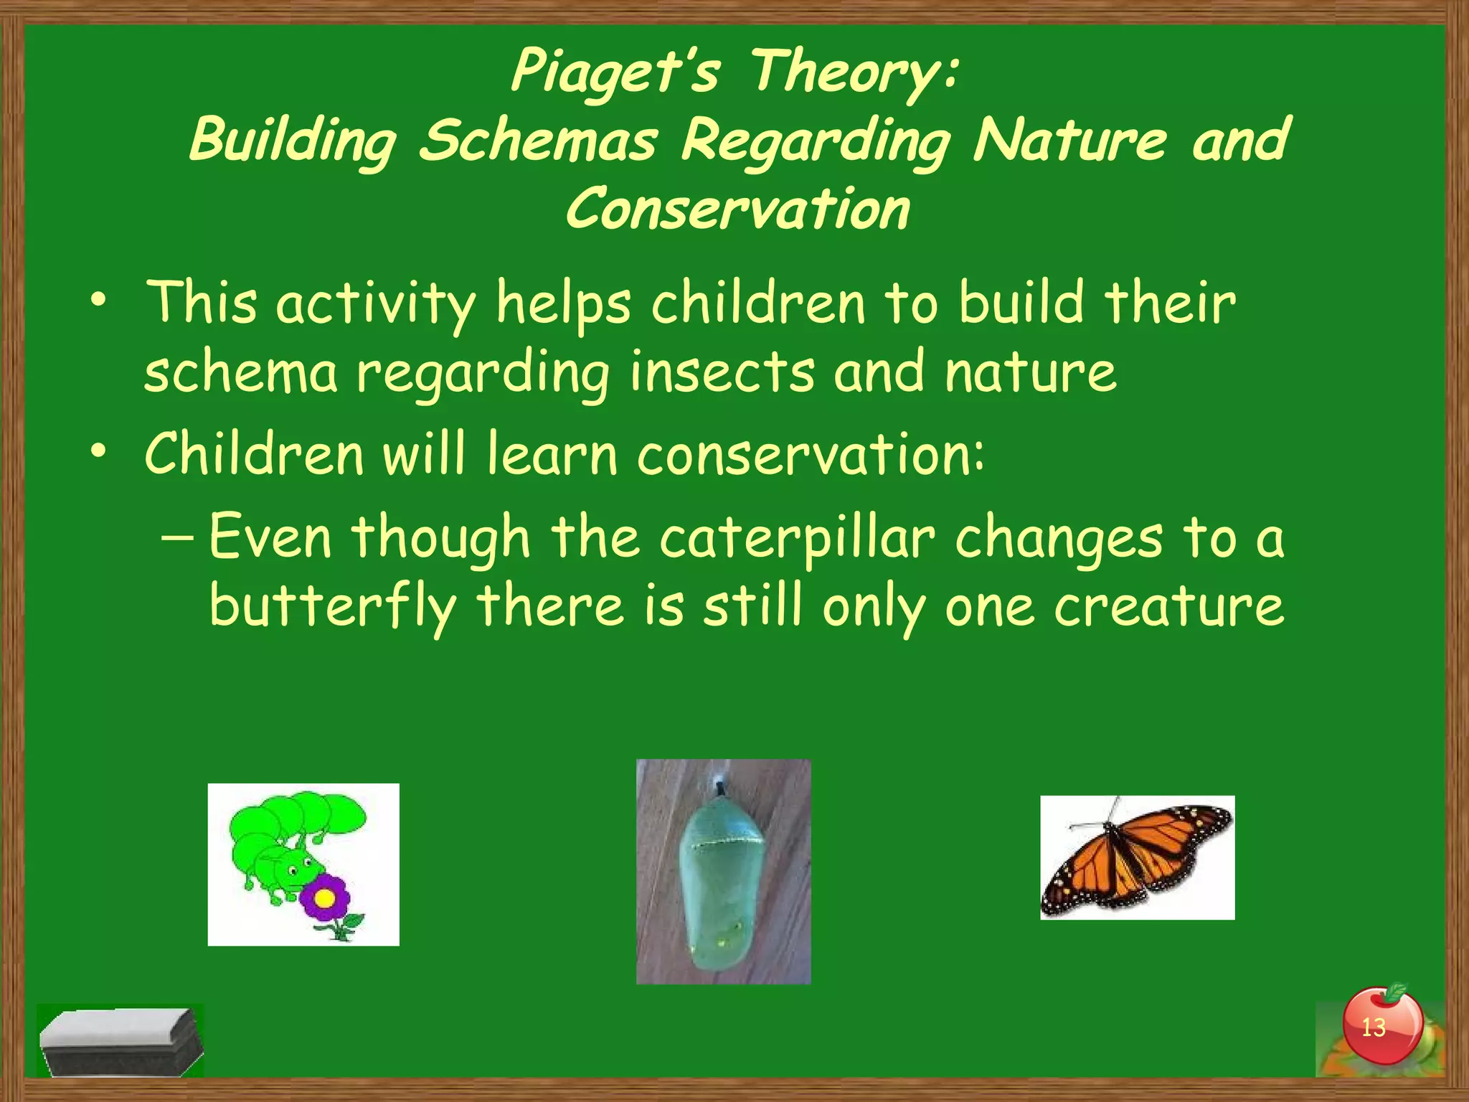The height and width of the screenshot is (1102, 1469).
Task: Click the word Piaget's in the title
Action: (615, 72)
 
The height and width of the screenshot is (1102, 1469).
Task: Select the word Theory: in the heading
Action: (854, 72)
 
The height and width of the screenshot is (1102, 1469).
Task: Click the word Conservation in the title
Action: (737, 209)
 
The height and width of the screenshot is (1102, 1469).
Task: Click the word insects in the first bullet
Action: (722, 372)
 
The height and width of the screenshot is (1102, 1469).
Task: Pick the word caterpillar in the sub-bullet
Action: (797, 538)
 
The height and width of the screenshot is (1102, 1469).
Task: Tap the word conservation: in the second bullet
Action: (811, 454)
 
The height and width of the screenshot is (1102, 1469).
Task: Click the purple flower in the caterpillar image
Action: (325, 898)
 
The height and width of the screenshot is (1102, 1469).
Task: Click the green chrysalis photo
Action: (723, 871)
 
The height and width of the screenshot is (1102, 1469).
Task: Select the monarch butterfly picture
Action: (1137, 857)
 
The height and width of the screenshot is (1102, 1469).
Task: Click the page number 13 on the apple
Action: (1373, 1027)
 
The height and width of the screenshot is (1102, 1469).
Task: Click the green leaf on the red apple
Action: (1395, 993)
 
